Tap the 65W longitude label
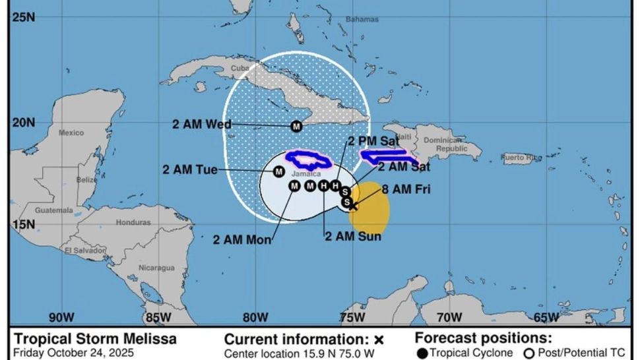546,317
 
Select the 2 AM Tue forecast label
190,170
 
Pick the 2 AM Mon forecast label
241,241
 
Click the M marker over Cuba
296,126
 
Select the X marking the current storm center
353,206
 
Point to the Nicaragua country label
156,268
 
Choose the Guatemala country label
54,210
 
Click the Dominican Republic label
443,144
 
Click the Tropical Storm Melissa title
95,339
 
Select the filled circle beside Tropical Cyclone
422,353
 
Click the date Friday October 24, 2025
73,353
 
